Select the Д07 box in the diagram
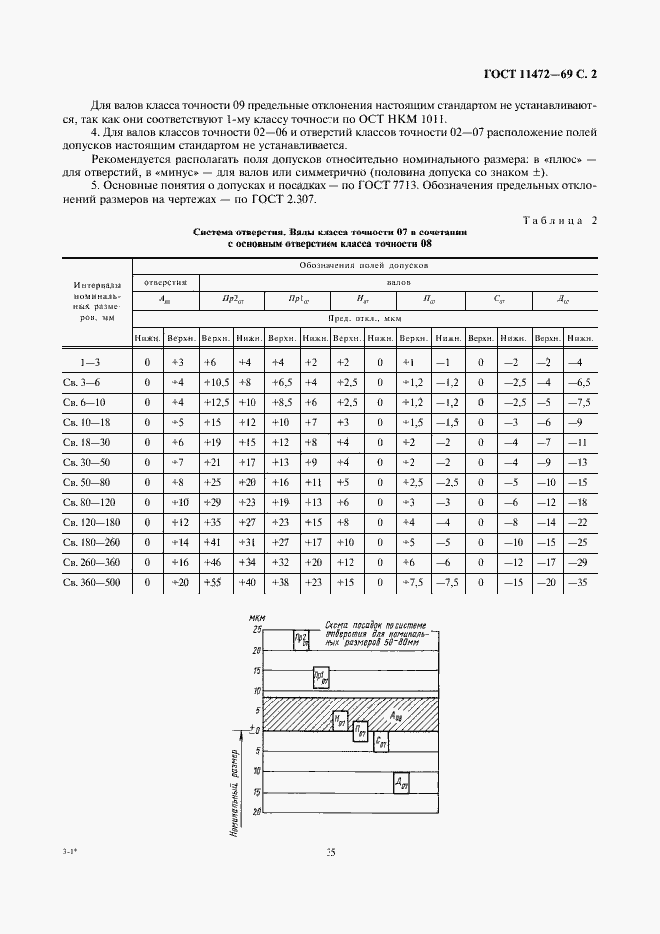[x=402, y=782]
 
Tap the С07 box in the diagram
[x=381, y=741]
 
